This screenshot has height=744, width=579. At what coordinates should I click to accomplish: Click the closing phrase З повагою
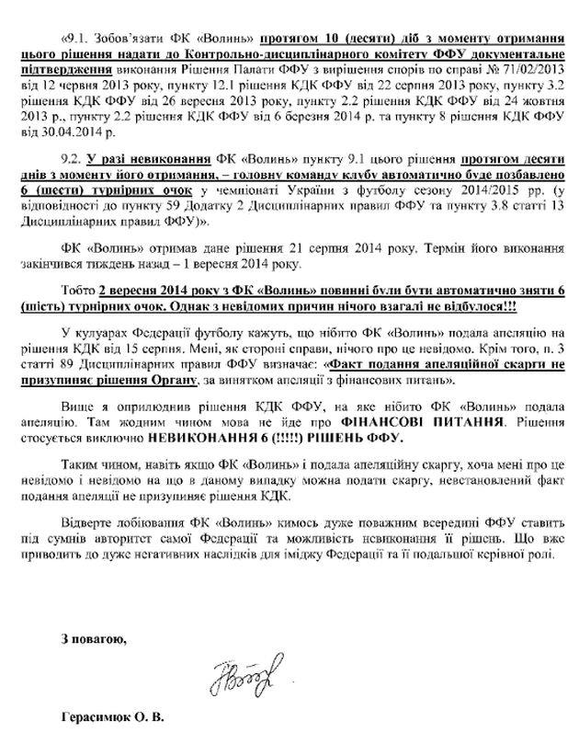[91, 637]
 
